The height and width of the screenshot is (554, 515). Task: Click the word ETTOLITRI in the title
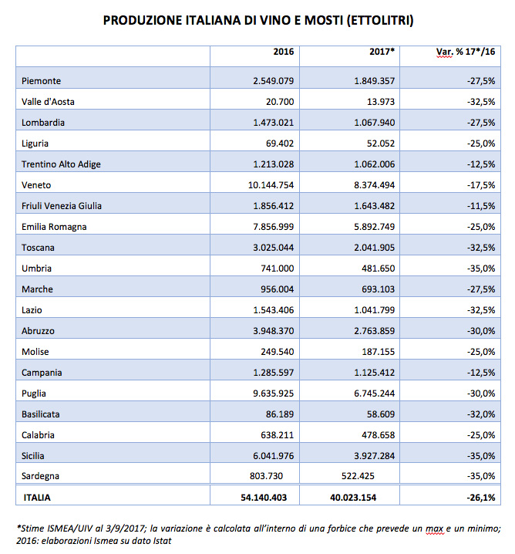point(380,20)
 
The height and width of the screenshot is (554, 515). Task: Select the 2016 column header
point(284,52)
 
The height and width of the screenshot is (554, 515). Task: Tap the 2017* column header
point(382,52)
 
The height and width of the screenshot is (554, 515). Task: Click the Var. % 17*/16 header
point(466,52)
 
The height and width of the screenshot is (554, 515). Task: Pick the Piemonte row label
point(41,81)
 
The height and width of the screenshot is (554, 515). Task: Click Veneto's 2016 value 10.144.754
point(271,185)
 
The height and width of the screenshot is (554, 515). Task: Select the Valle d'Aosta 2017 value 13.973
point(381,102)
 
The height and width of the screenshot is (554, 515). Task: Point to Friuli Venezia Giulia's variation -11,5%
point(481,206)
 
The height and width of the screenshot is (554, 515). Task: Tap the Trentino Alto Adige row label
point(61,164)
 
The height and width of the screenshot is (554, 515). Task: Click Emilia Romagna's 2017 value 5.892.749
point(375,227)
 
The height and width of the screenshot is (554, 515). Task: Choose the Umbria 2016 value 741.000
point(277,269)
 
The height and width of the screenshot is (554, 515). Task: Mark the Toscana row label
point(38,248)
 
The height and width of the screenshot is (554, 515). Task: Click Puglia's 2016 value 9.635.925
point(273,394)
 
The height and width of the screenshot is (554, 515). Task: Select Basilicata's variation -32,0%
point(481,414)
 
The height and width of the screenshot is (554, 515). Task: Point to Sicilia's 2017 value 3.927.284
point(375,456)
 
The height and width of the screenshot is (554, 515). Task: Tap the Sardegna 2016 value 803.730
point(266,476)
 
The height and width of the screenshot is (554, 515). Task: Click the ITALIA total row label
point(37,498)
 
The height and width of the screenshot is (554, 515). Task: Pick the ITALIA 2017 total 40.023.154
point(353,498)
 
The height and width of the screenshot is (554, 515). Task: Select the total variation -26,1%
point(481,498)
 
